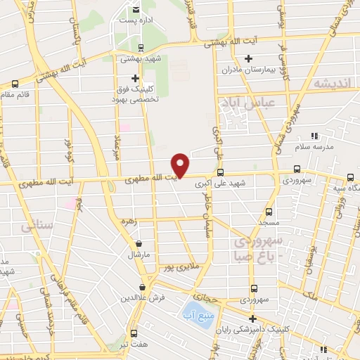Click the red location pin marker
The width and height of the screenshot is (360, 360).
[x=181, y=164]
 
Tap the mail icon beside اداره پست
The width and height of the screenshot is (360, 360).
[x=136, y=10]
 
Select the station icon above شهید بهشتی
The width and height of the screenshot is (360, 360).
[x=141, y=48]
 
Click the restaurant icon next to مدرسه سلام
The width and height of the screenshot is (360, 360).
[x=314, y=134]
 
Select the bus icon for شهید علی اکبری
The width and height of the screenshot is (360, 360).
[x=221, y=172]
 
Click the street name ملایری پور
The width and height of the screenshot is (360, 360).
[x=175, y=268]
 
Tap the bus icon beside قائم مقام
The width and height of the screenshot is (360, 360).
[x=15, y=83]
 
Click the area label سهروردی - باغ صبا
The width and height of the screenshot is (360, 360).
[x=260, y=247]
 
